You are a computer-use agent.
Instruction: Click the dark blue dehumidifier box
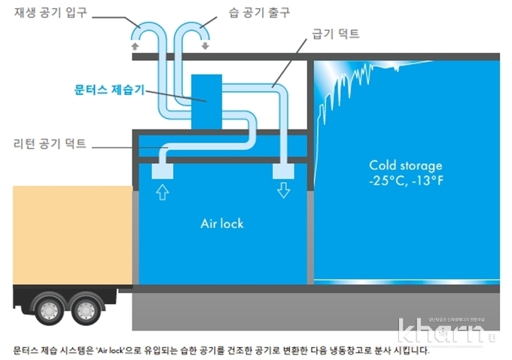pyautogui.click(x=206, y=101)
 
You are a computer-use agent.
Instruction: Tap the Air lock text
pyautogui.click(x=222, y=224)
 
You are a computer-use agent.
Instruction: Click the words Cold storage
pyautogui.click(x=406, y=165)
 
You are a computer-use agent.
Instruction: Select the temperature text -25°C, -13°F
pyautogui.click(x=406, y=182)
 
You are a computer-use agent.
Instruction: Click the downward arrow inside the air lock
pyautogui.click(x=283, y=191)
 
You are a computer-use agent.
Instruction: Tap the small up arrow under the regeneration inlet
pyautogui.click(x=136, y=45)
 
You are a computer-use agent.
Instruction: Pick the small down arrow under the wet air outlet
pyautogui.click(x=205, y=45)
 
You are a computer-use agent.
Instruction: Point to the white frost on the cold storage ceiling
pyautogui.click(x=354, y=83)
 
